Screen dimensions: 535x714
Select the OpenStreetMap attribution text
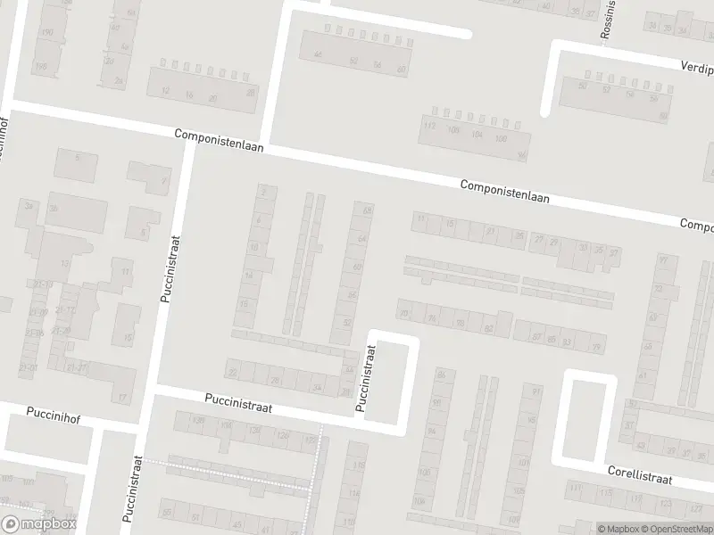click(678, 529)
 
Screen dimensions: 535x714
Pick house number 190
click(47, 32)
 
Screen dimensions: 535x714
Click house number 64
click(361, 239)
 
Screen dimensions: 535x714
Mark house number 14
click(249, 276)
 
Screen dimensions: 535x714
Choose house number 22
click(233, 372)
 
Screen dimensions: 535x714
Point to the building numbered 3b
click(54, 208)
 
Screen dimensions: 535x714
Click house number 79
click(596, 345)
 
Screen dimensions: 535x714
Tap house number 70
click(404, 313)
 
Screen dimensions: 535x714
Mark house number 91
click(536, 391)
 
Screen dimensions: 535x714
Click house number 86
click(439, 374)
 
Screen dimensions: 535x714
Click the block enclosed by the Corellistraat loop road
click(585, 416)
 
